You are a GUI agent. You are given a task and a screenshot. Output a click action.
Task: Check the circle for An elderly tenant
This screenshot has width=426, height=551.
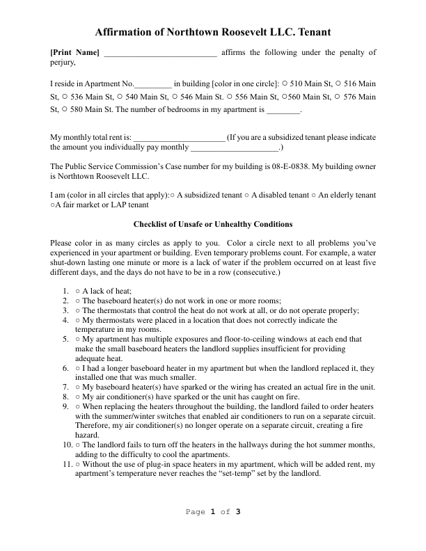point(314,196)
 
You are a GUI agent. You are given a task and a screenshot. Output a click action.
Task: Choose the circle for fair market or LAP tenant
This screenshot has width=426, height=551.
point(54,206)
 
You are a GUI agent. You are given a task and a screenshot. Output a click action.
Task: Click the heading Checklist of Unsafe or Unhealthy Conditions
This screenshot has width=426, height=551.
point(212,224)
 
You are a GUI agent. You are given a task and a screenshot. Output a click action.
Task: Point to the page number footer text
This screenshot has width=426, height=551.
point(212,512)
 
